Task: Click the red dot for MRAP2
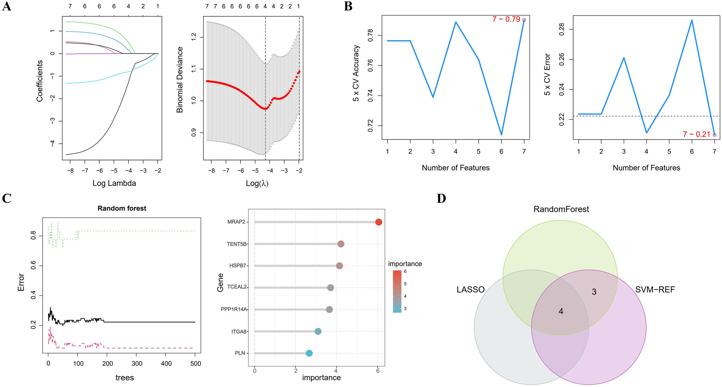point(379,222)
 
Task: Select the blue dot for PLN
point(309,353)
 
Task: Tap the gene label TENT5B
point(237,244)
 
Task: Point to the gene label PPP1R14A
point(234,309)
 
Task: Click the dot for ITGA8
point(318,332)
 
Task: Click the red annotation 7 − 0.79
point(506,19)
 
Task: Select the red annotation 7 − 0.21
point(697,135)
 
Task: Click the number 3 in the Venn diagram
point(594,292)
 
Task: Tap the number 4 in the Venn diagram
point(561,312)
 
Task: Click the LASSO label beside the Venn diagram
point(471,289)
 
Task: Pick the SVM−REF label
point(655,289)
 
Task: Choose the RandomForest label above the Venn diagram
point(561,209)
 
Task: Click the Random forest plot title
point(122,208)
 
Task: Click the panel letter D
point(441,198)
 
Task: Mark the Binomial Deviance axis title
point(180,80)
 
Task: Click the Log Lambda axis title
point(114,183)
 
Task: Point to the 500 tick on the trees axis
point(195,364)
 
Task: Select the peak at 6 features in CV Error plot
point(692,20)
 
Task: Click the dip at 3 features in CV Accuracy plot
point(433,97)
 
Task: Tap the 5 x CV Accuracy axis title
point(356,73)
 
